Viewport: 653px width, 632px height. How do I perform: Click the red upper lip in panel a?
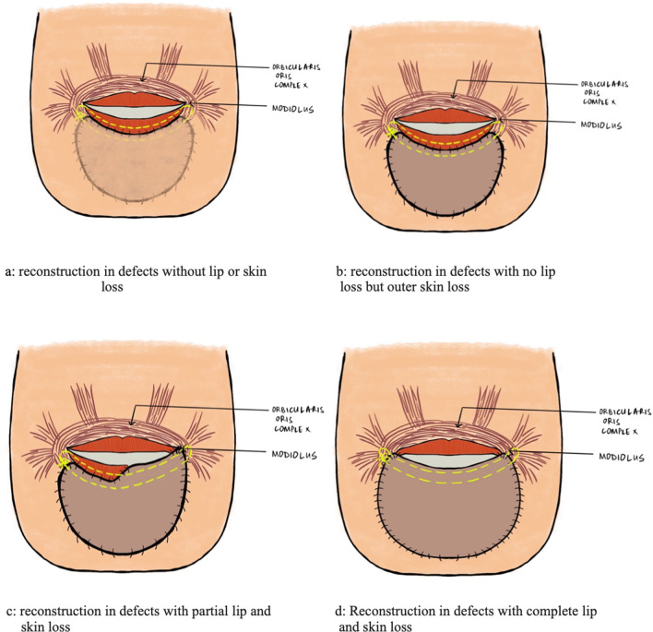(138, 97)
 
